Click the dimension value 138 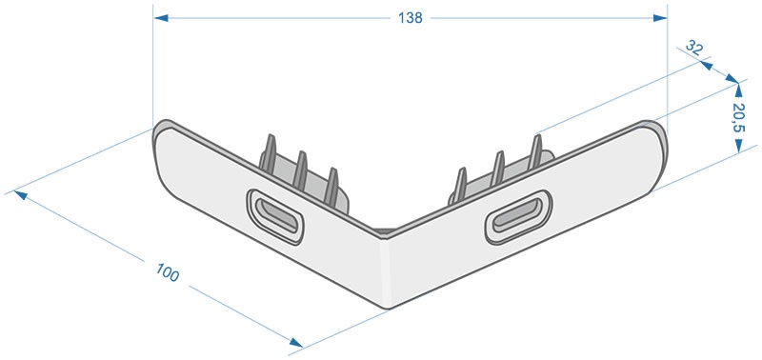click(x=411, y=18)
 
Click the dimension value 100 click(x=168, y=272)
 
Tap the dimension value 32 click(x=694, y=49)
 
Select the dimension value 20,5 click(x=739, y=117)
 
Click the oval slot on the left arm click(x=275, y=217)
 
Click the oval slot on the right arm click(x=518, y=217)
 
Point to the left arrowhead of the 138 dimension click(x=161, y=18)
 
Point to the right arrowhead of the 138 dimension click(x=660, y=18)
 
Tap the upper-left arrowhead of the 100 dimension click(x=20, y=195)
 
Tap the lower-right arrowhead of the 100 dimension click(x=295, y=343)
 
